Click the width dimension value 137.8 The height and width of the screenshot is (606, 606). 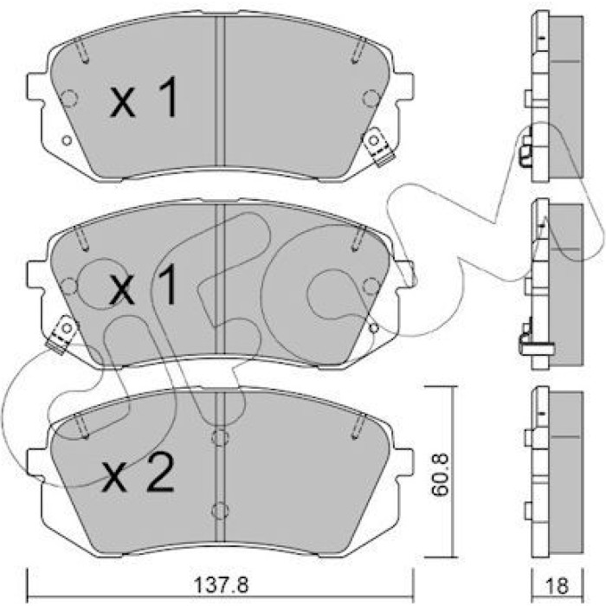pyautogui.click(x=221, y=585)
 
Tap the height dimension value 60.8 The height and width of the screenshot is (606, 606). pyautogui.click(x=440, y=474)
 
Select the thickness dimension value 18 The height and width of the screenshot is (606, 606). pyautogui.click(x=558, y=585)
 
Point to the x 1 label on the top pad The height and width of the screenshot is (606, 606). pyautogui.click(x=144, y=97)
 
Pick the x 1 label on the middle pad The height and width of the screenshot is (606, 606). pyautogui.click(x=144, y=285)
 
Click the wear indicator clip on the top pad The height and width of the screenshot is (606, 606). pyautogui.click(x=379, y=147)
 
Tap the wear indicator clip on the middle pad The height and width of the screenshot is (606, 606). pyautogui.click(x=62, y=334)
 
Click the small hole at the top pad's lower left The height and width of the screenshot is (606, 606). pyautogui.click(x=67, y=140)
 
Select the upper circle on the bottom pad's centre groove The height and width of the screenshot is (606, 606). pyautogui.click(x=220, y=437)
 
